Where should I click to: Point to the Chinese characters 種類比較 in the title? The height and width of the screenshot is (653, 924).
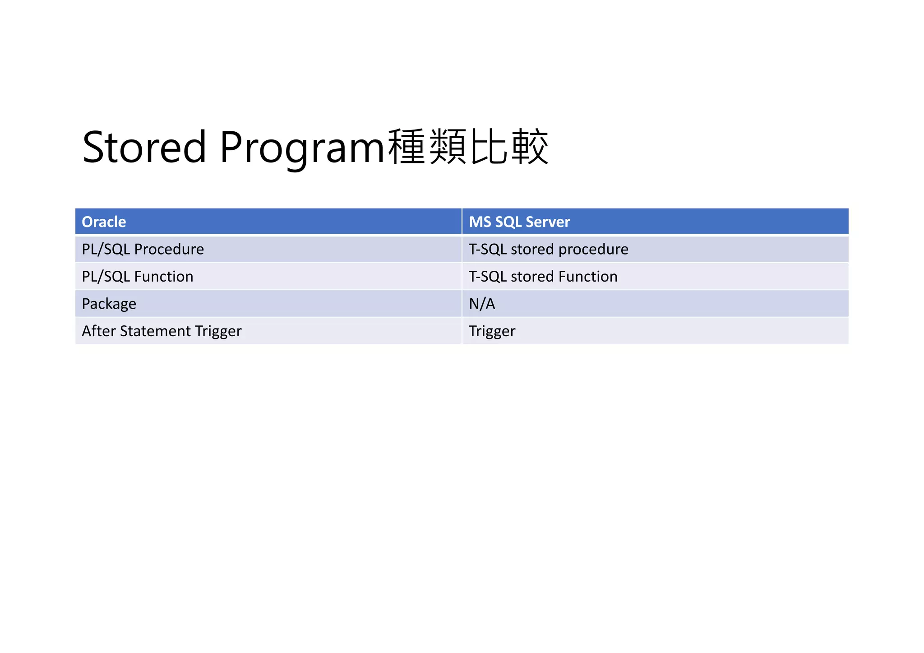(468, 147)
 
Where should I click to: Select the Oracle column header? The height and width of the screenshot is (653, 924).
(104, 222)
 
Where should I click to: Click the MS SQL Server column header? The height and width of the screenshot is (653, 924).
(519, 222)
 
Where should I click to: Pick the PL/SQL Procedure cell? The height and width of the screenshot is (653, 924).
(143, 249)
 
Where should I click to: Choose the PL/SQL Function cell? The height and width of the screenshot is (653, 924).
(137, 277)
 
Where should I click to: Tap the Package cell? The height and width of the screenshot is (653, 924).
(109, 304)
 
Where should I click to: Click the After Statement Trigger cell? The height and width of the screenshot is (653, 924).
(162, 331)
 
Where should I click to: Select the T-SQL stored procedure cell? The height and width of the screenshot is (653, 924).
(548, 249)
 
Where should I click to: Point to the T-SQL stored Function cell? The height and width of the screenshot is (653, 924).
(543, 277)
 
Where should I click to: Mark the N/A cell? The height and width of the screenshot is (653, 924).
(482, 304)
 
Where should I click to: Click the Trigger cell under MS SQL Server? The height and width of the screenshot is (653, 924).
(492, 331)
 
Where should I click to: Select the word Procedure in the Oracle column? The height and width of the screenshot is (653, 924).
(169, 249)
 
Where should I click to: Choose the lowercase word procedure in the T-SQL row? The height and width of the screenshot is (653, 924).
(593, 249)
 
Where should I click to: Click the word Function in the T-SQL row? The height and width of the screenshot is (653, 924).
(588, 277)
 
